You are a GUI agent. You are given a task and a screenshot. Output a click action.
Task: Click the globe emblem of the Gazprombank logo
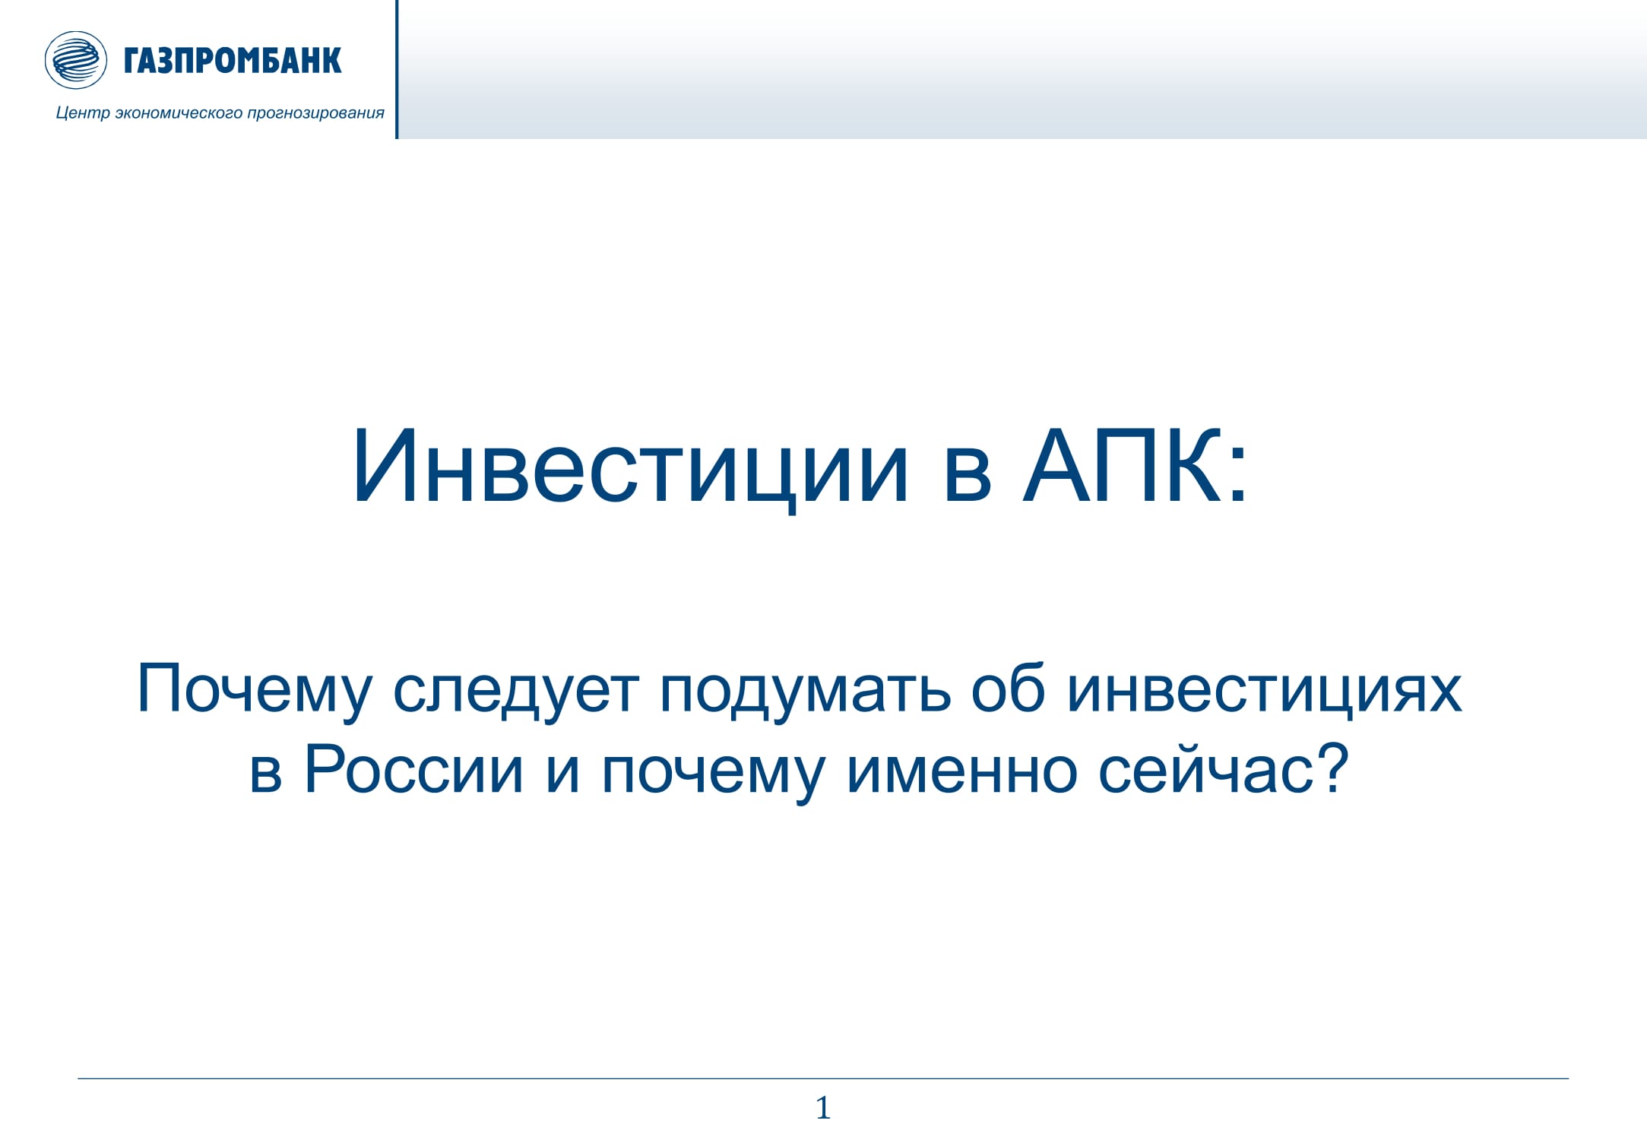tap(75, 60)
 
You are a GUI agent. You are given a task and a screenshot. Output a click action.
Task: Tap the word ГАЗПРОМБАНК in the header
tap(233, 61)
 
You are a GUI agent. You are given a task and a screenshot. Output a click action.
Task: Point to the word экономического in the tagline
tap(179, 113)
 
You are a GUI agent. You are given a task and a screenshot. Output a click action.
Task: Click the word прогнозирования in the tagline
tap(315, 113)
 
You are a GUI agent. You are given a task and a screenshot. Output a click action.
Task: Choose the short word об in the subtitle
tap(1008, 689)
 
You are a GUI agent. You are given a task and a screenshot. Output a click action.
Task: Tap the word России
tap(413, 769)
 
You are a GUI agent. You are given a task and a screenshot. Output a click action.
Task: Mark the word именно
tap(961, 771)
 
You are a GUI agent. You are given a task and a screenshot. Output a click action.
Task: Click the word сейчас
tap(1207, 769)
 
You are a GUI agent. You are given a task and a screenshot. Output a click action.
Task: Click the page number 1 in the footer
tap(823, 1108)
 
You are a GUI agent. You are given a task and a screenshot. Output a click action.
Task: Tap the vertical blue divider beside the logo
tap(397, 69)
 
